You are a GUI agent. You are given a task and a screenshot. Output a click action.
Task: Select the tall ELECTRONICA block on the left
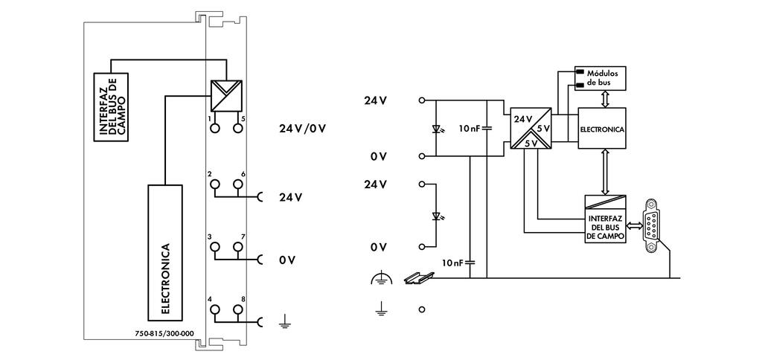[165, 251]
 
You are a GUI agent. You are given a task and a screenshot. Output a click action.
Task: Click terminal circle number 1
[215, 129]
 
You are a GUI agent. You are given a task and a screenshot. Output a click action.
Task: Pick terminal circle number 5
[237, 129]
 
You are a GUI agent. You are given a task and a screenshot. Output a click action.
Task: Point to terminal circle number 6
[237, 184]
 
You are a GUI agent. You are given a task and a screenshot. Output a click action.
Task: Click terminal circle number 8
[237, 309]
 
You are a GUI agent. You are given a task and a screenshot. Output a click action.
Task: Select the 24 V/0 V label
[303, 128]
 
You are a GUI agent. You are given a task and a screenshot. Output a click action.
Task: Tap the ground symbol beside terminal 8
[284, 321]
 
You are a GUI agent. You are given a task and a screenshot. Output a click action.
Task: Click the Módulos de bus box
[601, 77]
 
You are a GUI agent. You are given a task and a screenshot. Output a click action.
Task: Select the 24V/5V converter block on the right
[531, 129]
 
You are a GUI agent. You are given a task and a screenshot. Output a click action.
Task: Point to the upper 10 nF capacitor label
[470, 129]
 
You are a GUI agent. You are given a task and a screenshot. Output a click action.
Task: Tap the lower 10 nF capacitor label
[452, 263]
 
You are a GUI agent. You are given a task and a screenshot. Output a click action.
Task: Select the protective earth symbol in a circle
[380, 279]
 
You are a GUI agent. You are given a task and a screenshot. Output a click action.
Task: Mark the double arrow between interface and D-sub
[634, 224]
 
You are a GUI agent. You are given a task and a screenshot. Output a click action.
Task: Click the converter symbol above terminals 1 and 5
[226, 94]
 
